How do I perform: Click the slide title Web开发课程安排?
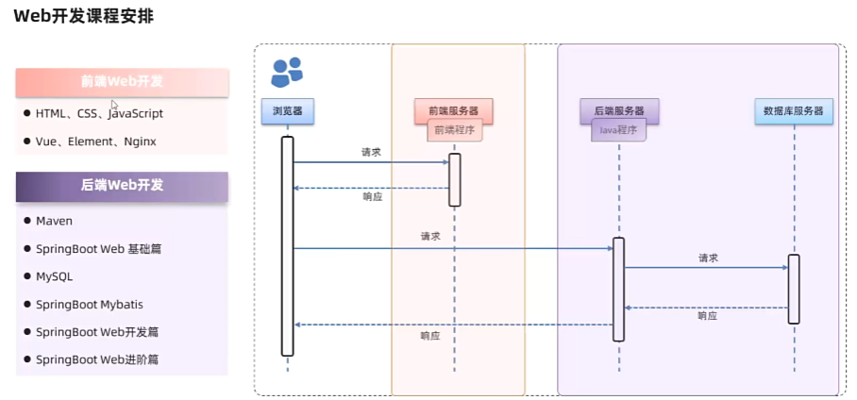(84, 16)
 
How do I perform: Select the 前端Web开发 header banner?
(122, 82)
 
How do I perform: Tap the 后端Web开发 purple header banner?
(122, 186)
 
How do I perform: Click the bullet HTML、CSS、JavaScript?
(99, 113)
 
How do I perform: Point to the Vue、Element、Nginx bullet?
(95, 142)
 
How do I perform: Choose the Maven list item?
(54, 221)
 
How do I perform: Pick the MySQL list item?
(54, 276)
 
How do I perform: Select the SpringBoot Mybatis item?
(90, 304)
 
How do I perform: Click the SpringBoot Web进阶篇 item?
(97, 359)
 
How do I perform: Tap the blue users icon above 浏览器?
(287, 72)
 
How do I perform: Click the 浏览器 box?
(287, 111)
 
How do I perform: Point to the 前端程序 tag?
(454, 130)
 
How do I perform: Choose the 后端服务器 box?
(619, 110)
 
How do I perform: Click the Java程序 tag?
(619, 130)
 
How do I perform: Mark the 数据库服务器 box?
(793, 111)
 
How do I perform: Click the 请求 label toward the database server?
(708, 258)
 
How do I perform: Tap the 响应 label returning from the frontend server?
(373, 197)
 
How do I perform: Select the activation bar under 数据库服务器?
(794, 289)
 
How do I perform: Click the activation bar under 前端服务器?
(454, 179)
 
